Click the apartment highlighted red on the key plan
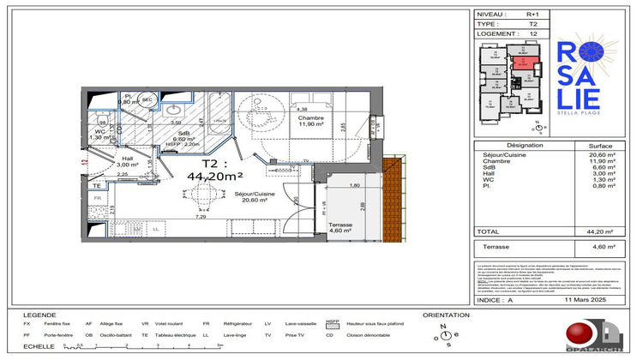523,62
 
